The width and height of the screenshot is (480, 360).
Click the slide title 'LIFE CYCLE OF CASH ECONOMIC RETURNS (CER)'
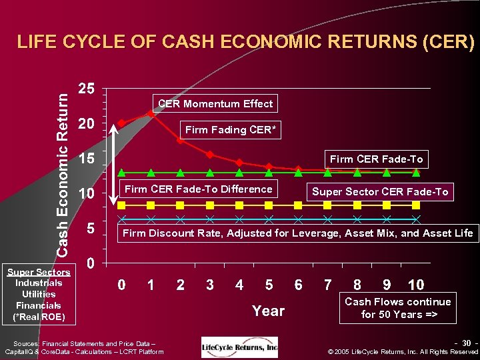[x=246, y=43]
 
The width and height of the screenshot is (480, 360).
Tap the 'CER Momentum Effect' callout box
[x=215, y=103]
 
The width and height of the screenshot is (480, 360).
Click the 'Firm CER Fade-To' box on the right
[x=376, y=159]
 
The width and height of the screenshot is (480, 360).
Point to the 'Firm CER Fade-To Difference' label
[x=198, y=189]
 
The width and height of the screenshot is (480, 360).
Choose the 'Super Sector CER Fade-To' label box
[x=380, y=192]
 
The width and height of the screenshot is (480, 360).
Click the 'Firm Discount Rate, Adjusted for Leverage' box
[x=297, y=233]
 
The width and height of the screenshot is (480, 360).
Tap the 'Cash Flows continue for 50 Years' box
[x=397, y=308]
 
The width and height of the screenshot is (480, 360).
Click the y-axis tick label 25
[x=87, y=88]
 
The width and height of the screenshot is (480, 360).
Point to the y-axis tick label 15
[x=87, y=159]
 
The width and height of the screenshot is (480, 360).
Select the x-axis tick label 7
[x=327, y=285]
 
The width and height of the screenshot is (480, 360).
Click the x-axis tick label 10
[x=415, y=285]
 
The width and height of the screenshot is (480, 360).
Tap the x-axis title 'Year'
[x=268, y=311]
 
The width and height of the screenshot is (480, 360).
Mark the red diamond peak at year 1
[x=151, y=114]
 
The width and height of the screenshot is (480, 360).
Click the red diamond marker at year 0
[x=121, y=123]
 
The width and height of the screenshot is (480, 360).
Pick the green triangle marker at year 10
[x=416, y=172]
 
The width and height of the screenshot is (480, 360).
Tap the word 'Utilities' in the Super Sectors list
[x=39, y=294]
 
